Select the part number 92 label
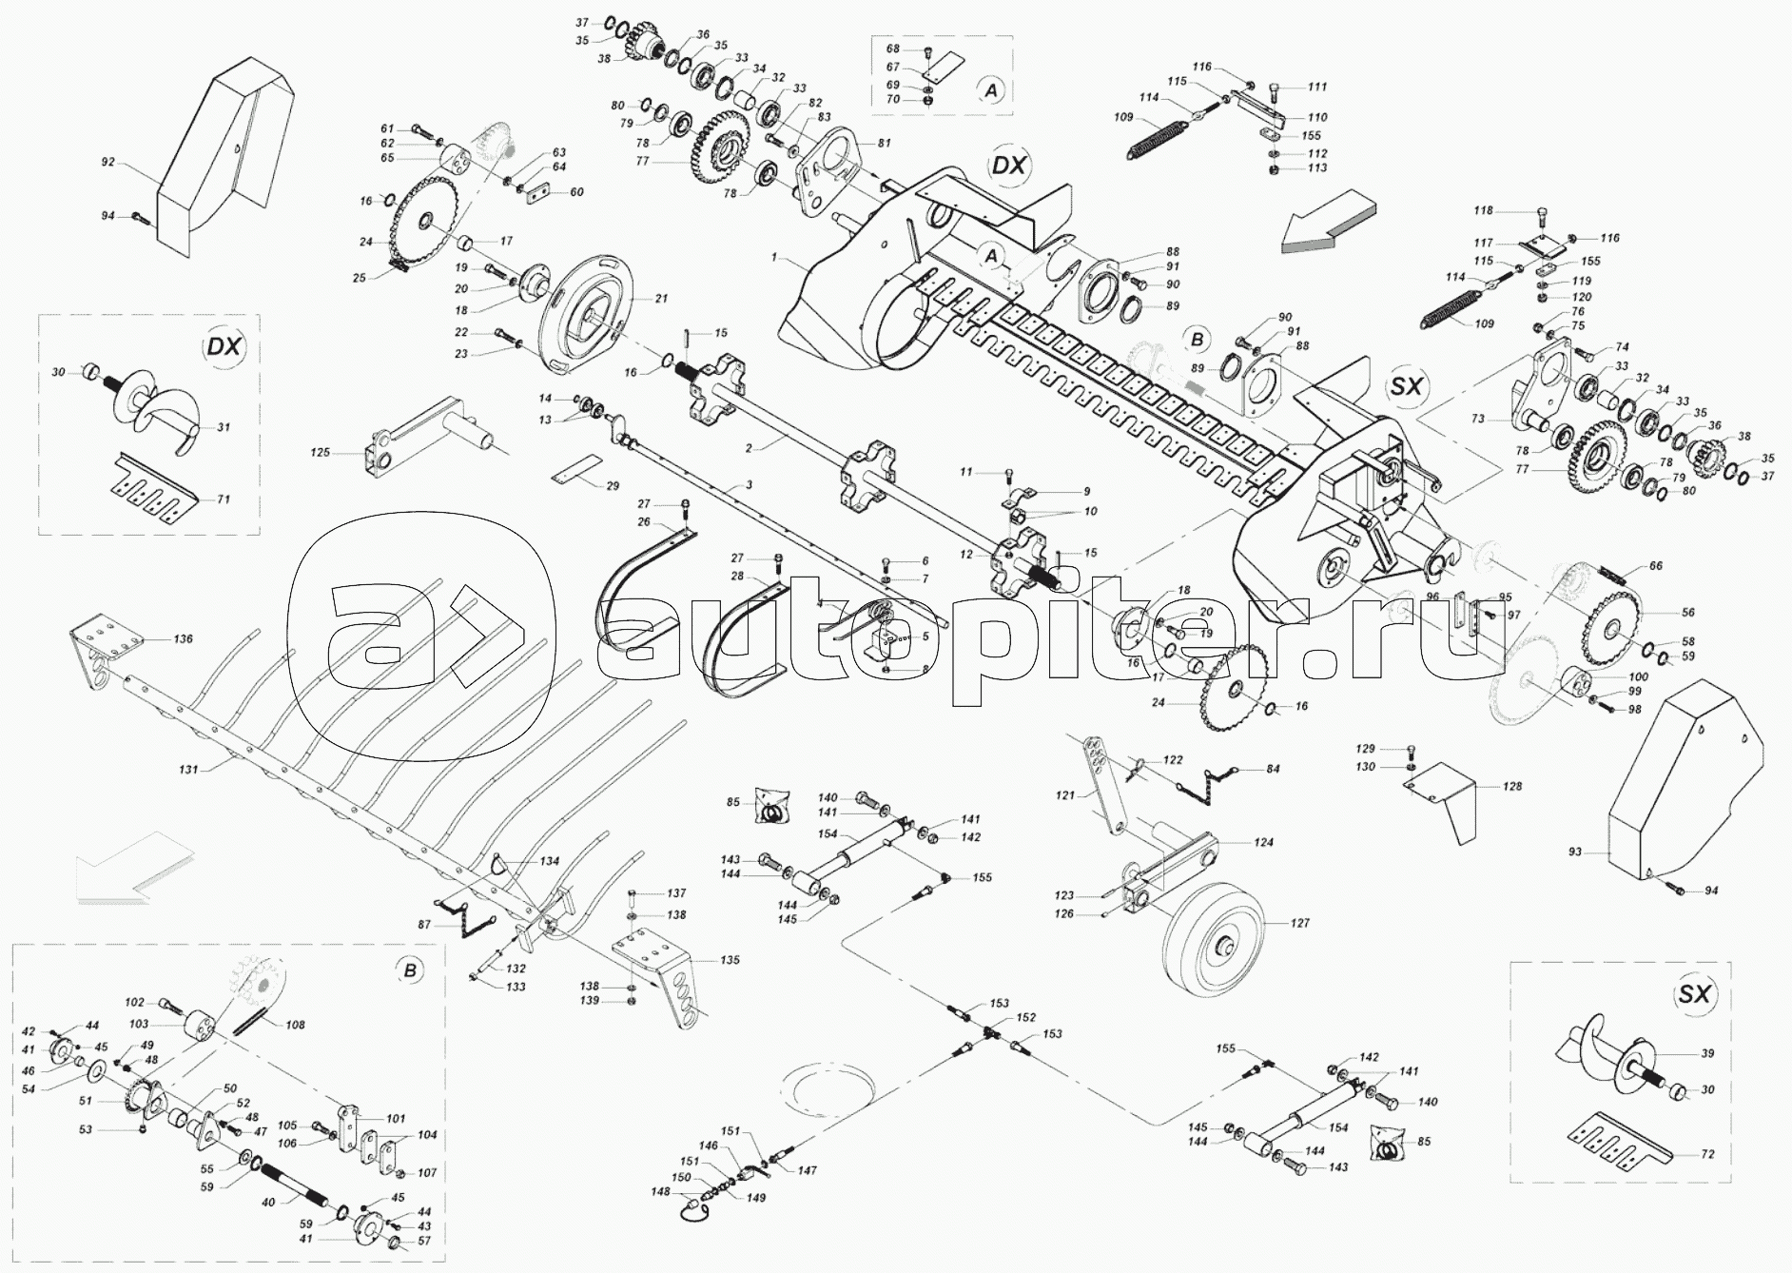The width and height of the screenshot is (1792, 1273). click(108, 163)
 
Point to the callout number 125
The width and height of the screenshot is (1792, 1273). click(321, 452)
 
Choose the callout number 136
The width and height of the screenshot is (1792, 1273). click(182, 639)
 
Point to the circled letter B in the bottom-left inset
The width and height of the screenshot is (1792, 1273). click(410, 970)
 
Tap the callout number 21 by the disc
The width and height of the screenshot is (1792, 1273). click(661, 299)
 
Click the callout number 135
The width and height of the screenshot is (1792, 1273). click(730, 961)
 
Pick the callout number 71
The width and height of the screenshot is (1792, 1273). click(223, 499)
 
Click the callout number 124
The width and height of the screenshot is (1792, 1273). click(1262, 843)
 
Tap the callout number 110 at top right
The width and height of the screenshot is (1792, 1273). click(1317, 118)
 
